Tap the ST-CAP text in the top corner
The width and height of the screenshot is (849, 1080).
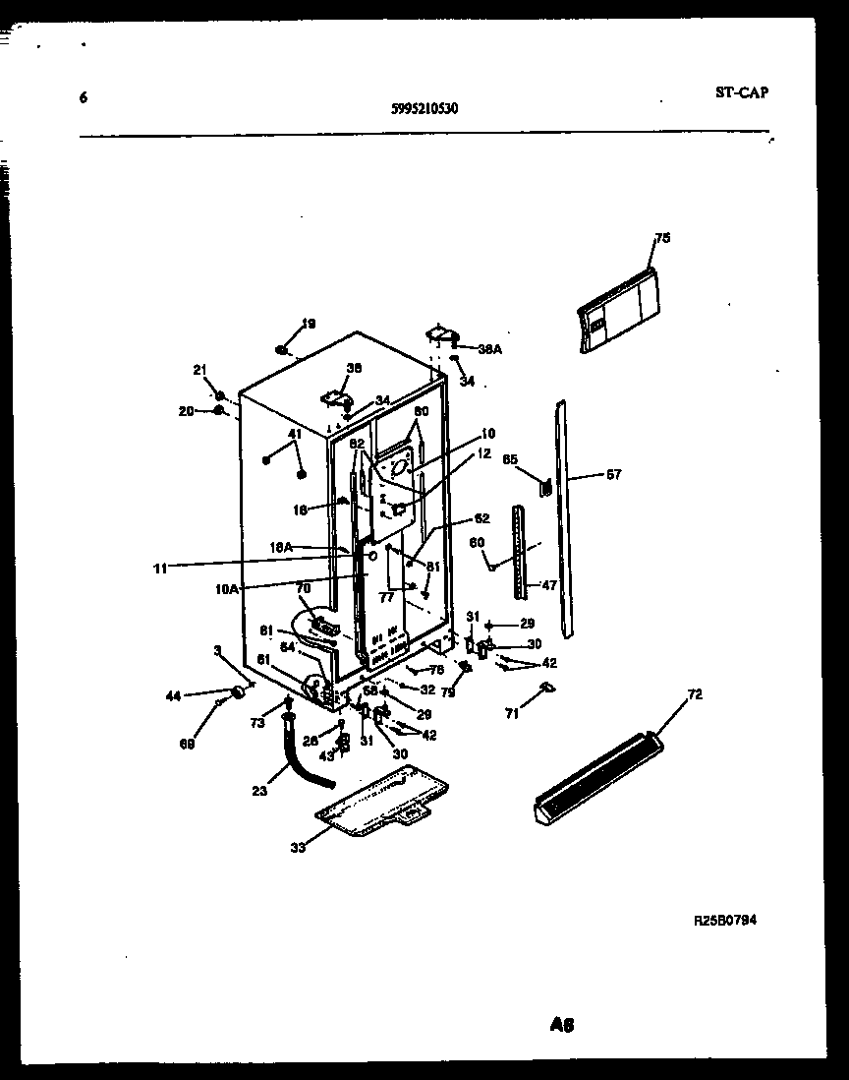coord(742,93)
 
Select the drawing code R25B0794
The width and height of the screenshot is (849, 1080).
coord(725,921)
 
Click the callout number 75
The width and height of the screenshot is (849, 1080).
coord(662,237)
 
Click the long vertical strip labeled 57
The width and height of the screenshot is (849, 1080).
coord(564,511)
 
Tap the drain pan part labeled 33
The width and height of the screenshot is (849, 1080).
coord(383,803)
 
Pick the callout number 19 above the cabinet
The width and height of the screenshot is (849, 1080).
coord(309,324)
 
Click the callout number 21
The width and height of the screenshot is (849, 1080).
coord(200,370)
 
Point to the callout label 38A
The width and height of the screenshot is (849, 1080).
coord(490,348)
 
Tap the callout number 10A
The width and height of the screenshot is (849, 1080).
coord(226,588)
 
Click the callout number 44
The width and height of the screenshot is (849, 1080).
coord(174,696)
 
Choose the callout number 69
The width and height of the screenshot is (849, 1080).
coord(187,745)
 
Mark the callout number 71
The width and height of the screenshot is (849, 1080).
coord(510,713)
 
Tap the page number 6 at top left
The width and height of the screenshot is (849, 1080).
coord(84,97)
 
